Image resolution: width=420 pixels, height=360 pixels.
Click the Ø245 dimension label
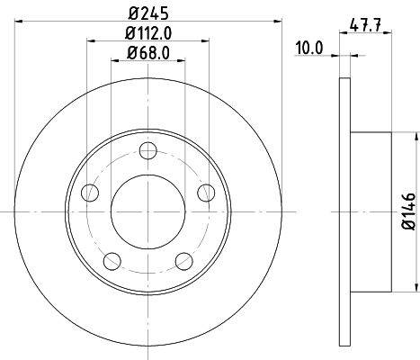(148, 13)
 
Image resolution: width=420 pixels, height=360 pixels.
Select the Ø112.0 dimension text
(148, 33)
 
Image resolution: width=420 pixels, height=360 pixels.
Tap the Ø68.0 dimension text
(148, 53)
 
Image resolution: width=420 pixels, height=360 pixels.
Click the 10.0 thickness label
(309, 48)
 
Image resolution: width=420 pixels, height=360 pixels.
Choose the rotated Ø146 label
(408, 211)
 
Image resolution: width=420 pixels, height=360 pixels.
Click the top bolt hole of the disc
(148, 150)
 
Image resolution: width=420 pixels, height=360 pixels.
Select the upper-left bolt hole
(90, 193)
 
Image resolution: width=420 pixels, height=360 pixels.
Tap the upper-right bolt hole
(206, 193)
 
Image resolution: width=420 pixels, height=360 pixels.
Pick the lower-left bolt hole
(112, 261)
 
